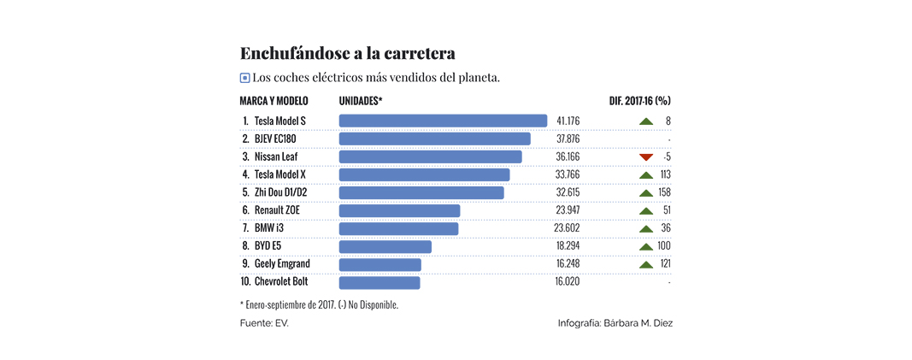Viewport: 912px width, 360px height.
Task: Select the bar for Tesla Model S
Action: (x=443, y=121)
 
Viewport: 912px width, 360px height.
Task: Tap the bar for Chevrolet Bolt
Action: (x=380, y=282)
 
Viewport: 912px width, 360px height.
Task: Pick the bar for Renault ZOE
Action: (x=399, y=210)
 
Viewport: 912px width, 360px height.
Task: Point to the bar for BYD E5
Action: (x=385, y=246)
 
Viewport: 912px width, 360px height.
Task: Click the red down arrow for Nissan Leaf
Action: (x=646, y=156)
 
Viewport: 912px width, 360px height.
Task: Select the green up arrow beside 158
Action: (x=646, y=192)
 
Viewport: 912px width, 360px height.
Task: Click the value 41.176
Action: (x=568, y=121)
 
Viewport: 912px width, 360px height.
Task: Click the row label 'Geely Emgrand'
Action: (x=282, y=264)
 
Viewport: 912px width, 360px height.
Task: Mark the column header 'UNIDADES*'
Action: (x=361, y=101)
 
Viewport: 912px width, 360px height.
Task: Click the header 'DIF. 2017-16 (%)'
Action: (x=639, y=101)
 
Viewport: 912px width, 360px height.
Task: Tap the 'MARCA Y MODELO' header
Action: (x=274, y=101)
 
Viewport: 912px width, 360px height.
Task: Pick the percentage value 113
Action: (x=665, y=174)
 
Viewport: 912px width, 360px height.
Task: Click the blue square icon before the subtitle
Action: (x=245, y=78)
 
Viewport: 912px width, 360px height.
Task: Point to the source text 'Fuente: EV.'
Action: (x=264, y=323)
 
